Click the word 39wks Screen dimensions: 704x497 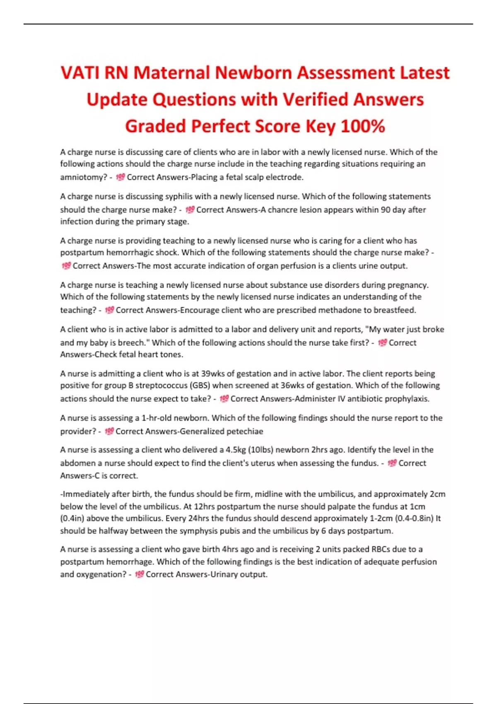click(212, 374)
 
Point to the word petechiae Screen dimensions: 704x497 click(244, 432)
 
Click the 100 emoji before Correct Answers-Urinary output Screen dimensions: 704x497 click(139, 574)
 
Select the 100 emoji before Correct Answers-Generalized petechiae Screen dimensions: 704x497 click(109, 432)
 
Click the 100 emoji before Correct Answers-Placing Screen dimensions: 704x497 click(120, 177)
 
